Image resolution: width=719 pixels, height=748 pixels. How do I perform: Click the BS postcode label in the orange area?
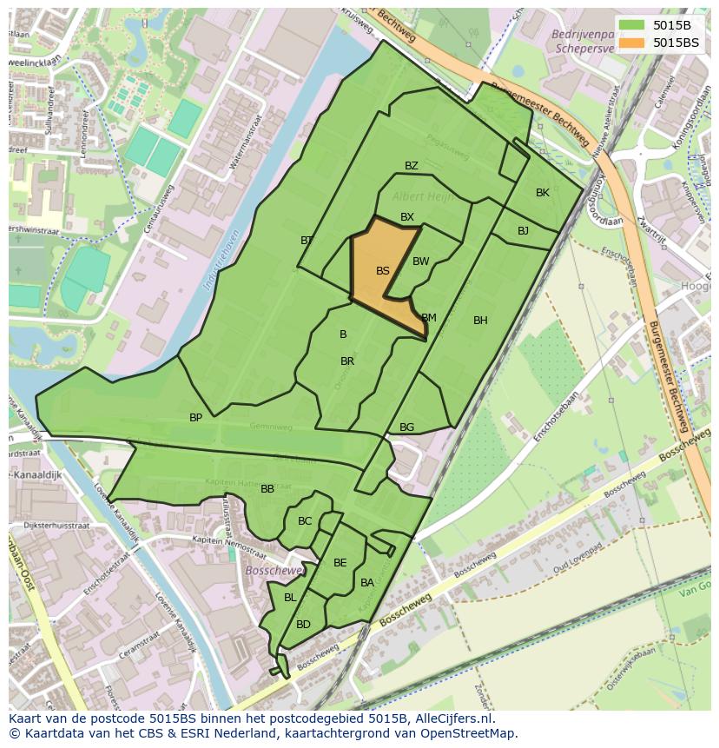383,271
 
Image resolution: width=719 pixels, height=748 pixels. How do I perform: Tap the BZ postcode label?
412,166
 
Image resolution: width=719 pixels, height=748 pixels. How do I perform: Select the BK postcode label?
543,193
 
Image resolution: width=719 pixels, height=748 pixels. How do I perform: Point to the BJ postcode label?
523,231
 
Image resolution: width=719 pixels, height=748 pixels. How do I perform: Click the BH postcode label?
480,321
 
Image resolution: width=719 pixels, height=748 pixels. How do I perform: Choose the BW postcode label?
421,261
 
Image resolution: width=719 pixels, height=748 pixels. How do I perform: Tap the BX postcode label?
407,217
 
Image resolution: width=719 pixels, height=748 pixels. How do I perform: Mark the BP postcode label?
196,418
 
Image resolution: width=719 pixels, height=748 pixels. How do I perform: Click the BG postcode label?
406,427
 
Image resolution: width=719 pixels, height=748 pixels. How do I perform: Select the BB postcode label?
267,489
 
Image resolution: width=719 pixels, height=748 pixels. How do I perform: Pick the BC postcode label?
305,521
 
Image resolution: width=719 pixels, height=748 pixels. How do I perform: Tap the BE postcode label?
340,563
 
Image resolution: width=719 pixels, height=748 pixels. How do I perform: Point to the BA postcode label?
367,583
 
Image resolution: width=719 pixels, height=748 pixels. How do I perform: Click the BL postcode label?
290,598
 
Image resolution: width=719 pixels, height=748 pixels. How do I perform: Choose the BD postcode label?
303,625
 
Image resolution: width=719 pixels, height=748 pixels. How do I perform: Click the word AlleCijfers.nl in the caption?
451,718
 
